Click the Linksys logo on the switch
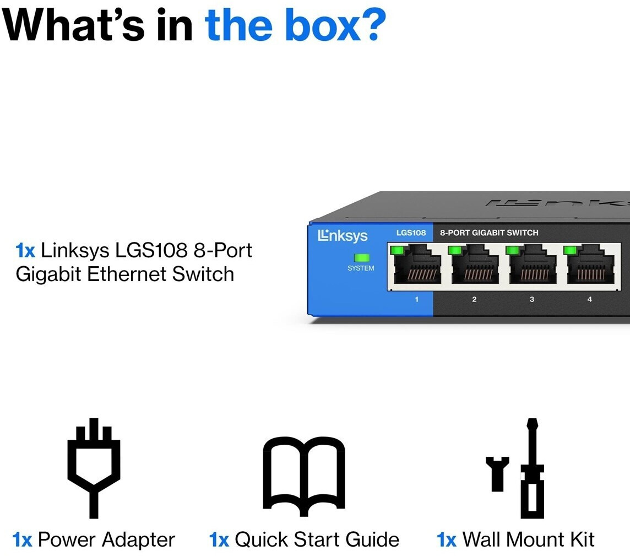(x=343, y=236)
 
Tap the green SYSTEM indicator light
(x=361, y=257)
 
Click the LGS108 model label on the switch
(x=411, y=233)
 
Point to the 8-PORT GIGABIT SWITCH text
(x=489, y=233)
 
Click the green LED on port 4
(x=570, y=251)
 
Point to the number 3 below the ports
(x=531, y=299)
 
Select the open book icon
(x=304, y=474)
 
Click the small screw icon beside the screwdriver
(x=497, y=473)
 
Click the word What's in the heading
(x=75, y=25)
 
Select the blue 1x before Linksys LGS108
(x=25, y=251)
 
